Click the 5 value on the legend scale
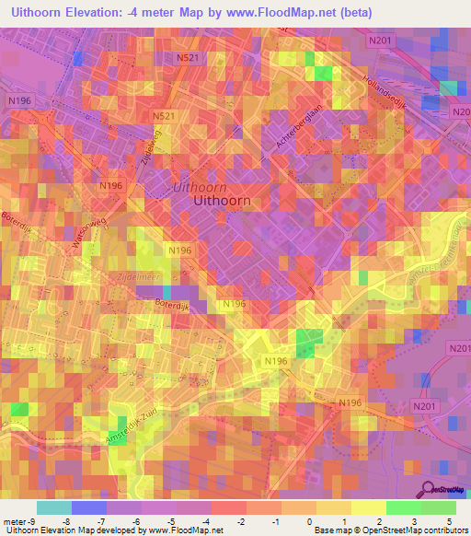(x=451, y=520)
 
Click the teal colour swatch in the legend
(x=53, y=507)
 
